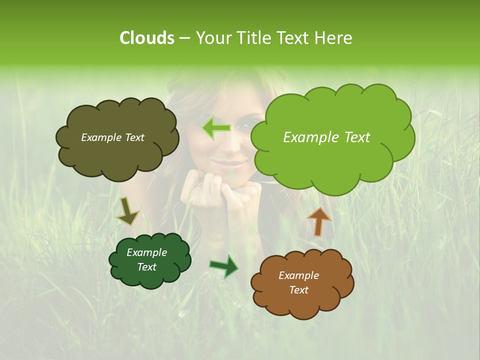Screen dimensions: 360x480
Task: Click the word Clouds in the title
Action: pos(146,38)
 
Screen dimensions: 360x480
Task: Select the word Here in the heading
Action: pos(333,38)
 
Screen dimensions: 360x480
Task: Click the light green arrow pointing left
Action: pos(216,128)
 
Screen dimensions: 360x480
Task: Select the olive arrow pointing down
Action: pos(127,211)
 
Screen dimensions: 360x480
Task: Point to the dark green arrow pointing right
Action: pos(224,266)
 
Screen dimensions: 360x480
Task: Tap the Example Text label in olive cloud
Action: pos(112,137)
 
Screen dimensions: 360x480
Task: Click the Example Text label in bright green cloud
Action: pos(326,137)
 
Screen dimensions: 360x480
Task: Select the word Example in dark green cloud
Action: pos(146,252)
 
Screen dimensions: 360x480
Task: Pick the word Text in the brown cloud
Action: pos(298,290)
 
